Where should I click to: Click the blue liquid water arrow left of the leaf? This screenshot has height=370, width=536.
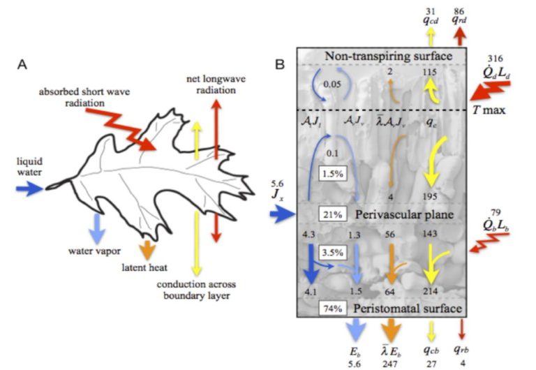[30, 187]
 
